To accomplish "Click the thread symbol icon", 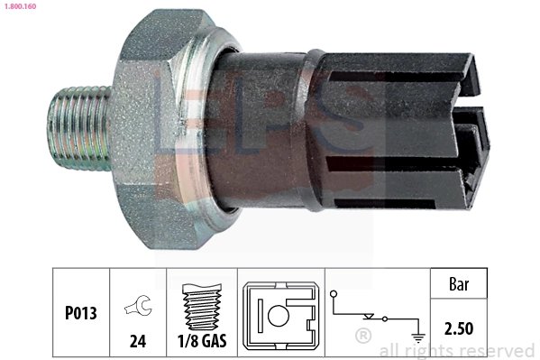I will (203, 307).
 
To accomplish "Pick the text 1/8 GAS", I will (203, 341).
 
